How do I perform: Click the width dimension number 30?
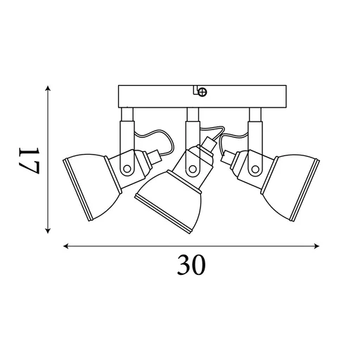tap(191, 265)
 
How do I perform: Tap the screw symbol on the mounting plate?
tap(202, 91)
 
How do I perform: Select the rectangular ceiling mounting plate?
tap(202, 96)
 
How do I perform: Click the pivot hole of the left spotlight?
tap(127, 169)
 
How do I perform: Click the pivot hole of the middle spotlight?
tap(193, 169)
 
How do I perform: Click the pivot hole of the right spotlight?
tap(255, 169)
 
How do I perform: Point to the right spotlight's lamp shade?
tap(290, 188)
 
